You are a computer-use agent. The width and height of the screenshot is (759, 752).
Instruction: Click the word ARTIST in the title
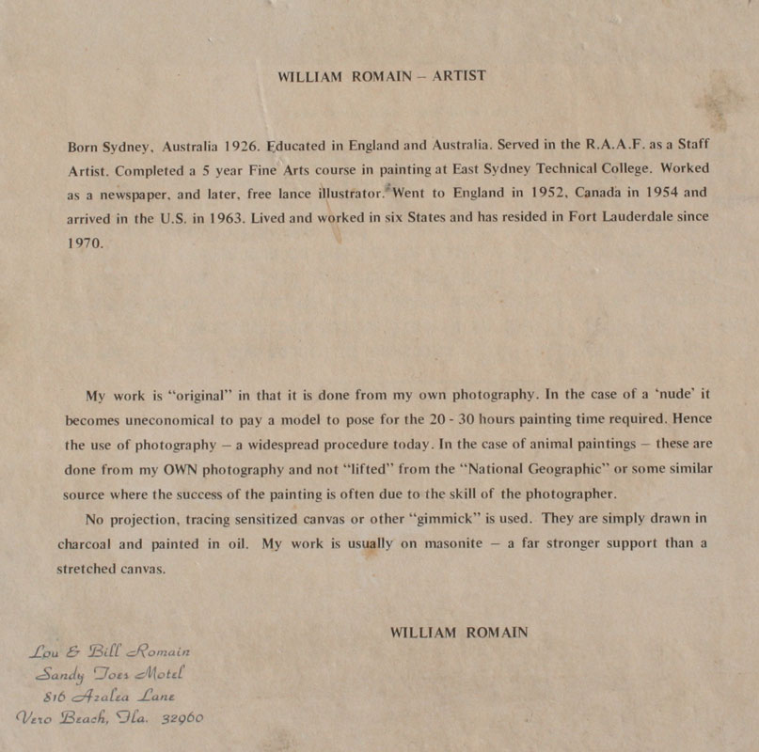tap(458, 76)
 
